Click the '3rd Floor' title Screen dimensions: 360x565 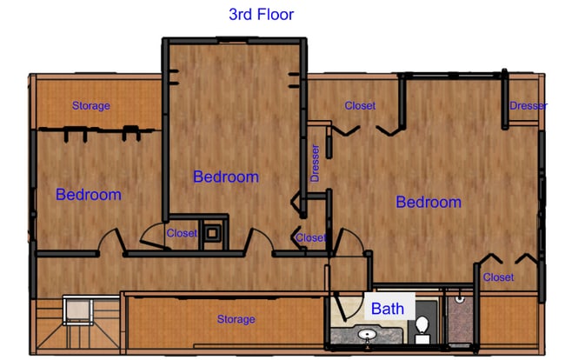pos(261,14)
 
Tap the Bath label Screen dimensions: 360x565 pos(387,308)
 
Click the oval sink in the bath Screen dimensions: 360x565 pos(367,335)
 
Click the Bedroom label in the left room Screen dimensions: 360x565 pos(88,194)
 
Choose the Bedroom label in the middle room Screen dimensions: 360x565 pos(225,177)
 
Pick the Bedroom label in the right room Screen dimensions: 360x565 pos(428,202)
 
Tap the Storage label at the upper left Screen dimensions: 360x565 pos(90,106)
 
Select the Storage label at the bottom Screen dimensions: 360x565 pos(236,319)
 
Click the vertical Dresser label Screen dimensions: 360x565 pos(315,163)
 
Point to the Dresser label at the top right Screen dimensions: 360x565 pos(528,106)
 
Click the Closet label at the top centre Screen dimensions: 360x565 pos(360,106)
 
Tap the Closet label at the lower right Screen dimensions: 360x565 pos(498,277)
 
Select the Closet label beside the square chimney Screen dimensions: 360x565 pos(182,233)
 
